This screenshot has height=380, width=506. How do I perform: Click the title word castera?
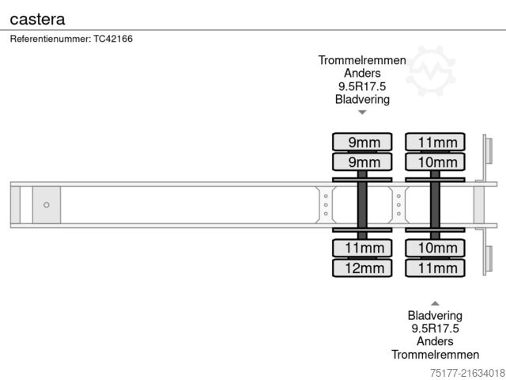pyautogui.click(x=38, y=17)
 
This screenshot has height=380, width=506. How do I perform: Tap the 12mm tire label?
pyautogui.click(x=362, y=268)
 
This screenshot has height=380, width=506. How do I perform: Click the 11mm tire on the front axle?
pyautogui.click(x=362, y=249)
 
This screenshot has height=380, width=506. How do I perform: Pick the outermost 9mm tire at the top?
pyautogui.click(x=362, y=142)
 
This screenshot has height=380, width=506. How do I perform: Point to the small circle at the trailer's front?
pyautogui.click(x=47, y=205)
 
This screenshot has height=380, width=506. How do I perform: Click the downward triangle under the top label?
pyautogui.click(x=362, y=112)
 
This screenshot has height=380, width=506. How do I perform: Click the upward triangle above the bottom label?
pyautogui.click(x=435, y=302)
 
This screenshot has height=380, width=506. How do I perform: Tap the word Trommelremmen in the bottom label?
pyautogui.click(x=435, y=355)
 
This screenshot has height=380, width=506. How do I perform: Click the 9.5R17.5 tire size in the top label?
pyautogui.click(x=362, y=86)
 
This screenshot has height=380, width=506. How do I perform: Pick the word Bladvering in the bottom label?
pyautogui.click(x=435, y=315)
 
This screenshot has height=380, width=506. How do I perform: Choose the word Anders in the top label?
pyautogui.click(x=362, y=74)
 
